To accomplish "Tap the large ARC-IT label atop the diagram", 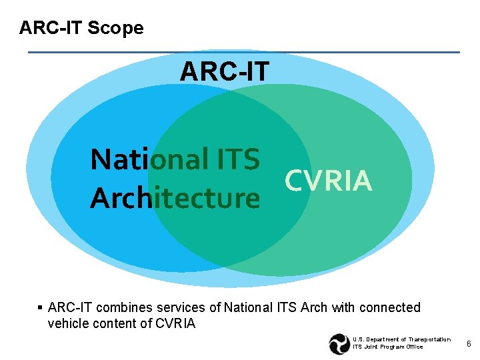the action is click(x=224, y=71).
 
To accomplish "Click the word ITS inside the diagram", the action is click(x=238, y=160).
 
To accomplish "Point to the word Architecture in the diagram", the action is click(x=175, y=198).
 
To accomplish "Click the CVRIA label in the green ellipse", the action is click(x=328, y=180).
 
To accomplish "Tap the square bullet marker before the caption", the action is click(x=40, y=308).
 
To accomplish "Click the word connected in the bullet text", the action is click(x=390, y=308).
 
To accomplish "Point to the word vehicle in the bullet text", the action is click(x=69, y=324).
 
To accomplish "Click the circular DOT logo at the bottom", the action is click(x=339, y=344).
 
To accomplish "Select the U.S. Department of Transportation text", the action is click(x=401, y=340).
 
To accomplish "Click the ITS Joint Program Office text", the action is click(x=387, y=347).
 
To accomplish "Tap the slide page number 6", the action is click(x=469, y=344).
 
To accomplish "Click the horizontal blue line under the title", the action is click(x=243, y=52).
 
